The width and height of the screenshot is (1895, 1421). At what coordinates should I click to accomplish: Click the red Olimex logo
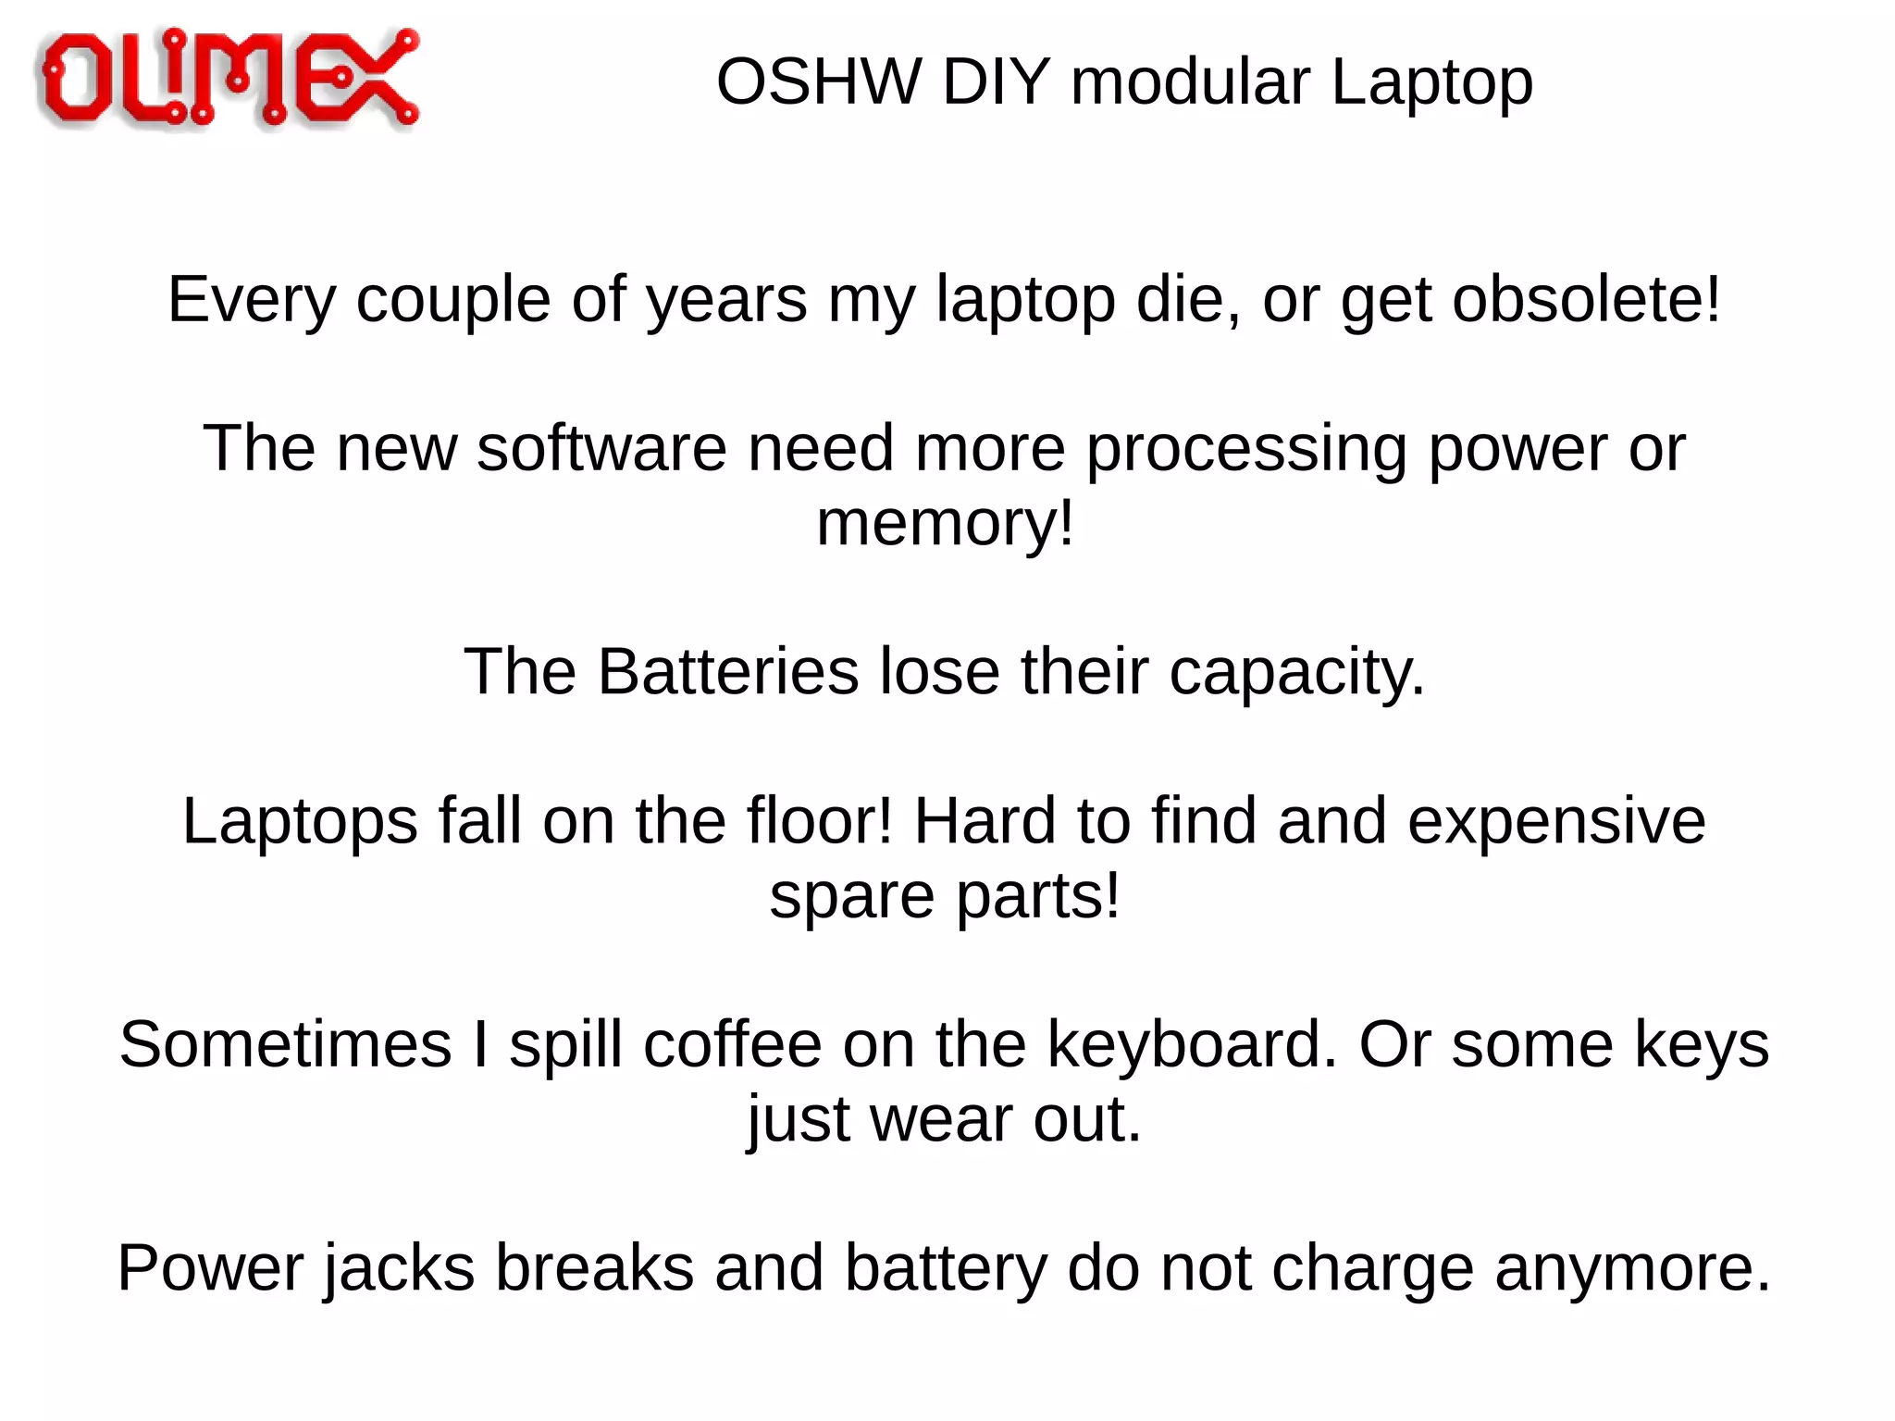click(x=229, y=78)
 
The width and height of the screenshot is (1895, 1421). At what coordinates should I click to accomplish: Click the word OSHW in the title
click(x=818, y=82)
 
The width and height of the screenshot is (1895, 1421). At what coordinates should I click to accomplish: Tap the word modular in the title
click(x=1190, y=82)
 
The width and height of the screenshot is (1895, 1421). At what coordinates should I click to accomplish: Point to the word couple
click(x=453, y=300)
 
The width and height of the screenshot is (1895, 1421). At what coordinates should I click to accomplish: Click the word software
click(x=601, y=449)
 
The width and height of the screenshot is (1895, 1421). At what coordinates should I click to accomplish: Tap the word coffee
click(x=732, y=1044)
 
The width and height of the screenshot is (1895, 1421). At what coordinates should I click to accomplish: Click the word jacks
click(x=399, y=1269)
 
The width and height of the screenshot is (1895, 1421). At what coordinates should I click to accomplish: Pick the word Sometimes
click(x=285, y=1044)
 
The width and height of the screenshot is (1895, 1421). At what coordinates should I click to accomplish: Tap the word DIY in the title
click(x=996, y=82)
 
